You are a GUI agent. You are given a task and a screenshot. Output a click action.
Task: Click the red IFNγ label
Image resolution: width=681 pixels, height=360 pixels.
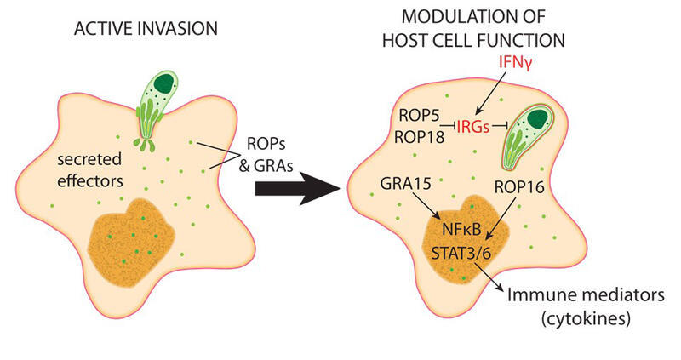click(516, 63)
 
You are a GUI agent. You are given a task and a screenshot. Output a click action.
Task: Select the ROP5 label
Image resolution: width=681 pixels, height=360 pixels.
click(419, 116)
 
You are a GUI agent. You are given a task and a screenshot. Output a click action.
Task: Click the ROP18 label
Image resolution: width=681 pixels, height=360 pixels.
click(419, 137)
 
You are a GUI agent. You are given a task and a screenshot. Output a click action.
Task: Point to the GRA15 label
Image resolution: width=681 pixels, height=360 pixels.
click(406, 184)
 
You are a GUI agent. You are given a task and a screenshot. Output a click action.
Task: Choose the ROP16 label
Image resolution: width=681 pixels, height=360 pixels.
click(519, 187)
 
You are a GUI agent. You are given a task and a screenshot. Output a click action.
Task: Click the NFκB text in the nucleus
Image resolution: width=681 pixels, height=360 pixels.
click(461, 229)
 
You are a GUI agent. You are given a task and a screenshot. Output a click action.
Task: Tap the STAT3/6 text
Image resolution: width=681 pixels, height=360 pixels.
click(461, 253)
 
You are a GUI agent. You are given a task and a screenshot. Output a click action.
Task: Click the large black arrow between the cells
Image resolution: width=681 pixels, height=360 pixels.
click(297, 188)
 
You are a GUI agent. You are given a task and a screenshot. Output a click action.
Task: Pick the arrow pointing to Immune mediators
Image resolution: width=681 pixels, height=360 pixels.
click(489, 278)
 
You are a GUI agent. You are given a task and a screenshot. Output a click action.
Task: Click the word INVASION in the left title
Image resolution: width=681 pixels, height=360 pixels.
click(178, 29)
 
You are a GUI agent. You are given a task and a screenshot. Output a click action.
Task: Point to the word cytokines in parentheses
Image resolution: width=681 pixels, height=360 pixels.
click(586, 319)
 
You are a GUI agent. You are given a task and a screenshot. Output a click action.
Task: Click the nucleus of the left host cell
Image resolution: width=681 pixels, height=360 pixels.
click(132, 242)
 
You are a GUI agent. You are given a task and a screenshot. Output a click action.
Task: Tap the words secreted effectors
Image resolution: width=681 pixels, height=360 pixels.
click(90, 170)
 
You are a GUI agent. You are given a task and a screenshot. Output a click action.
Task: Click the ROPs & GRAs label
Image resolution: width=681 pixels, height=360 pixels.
click(266, 154)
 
